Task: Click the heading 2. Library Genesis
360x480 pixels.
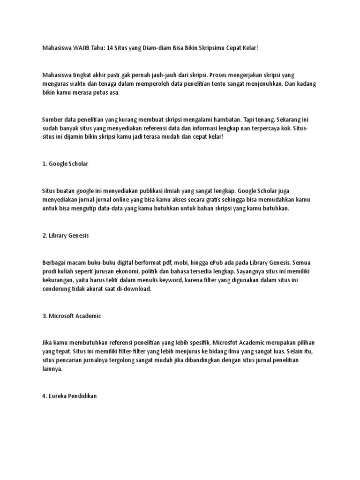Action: (x=65, y=236)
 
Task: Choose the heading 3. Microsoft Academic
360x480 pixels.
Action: (x=71, y=316)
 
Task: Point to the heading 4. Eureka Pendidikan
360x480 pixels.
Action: (x=69, y=396)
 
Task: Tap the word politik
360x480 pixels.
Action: (x=160, y=271)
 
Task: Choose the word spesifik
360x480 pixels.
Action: (x=187, y=343)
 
